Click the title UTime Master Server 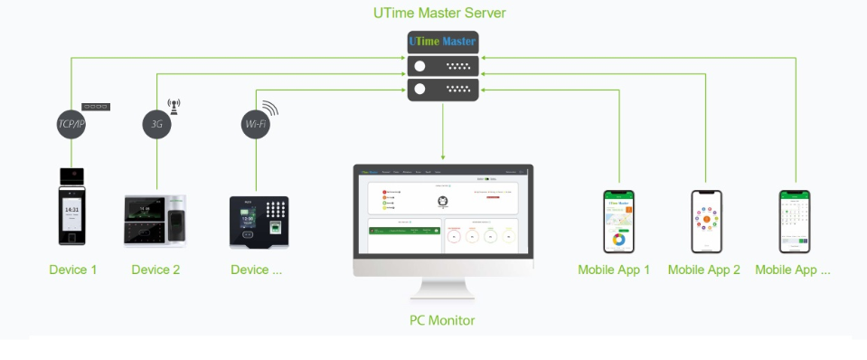(439, 13)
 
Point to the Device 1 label (72, 270)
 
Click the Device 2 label (155, 270)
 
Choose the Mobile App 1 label (614, 270)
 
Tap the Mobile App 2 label (703, 270)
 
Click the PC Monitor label (442, 320)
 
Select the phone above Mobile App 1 (618, 221)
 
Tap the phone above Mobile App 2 (707, 221)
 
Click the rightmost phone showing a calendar (795, 221)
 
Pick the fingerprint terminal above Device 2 (155, 221)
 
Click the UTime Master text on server (442, 43)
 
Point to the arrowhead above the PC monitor (442, 156)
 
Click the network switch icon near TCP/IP (96, 107)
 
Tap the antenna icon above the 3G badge (174, 105)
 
